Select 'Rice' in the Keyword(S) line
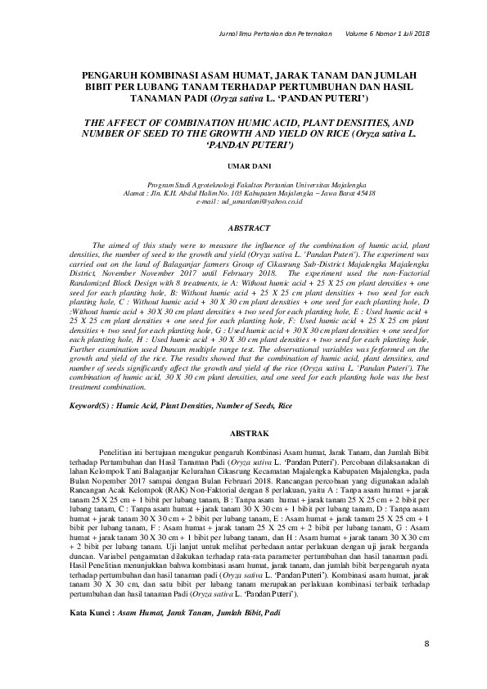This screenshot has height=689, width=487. click(x=285, y=406)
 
